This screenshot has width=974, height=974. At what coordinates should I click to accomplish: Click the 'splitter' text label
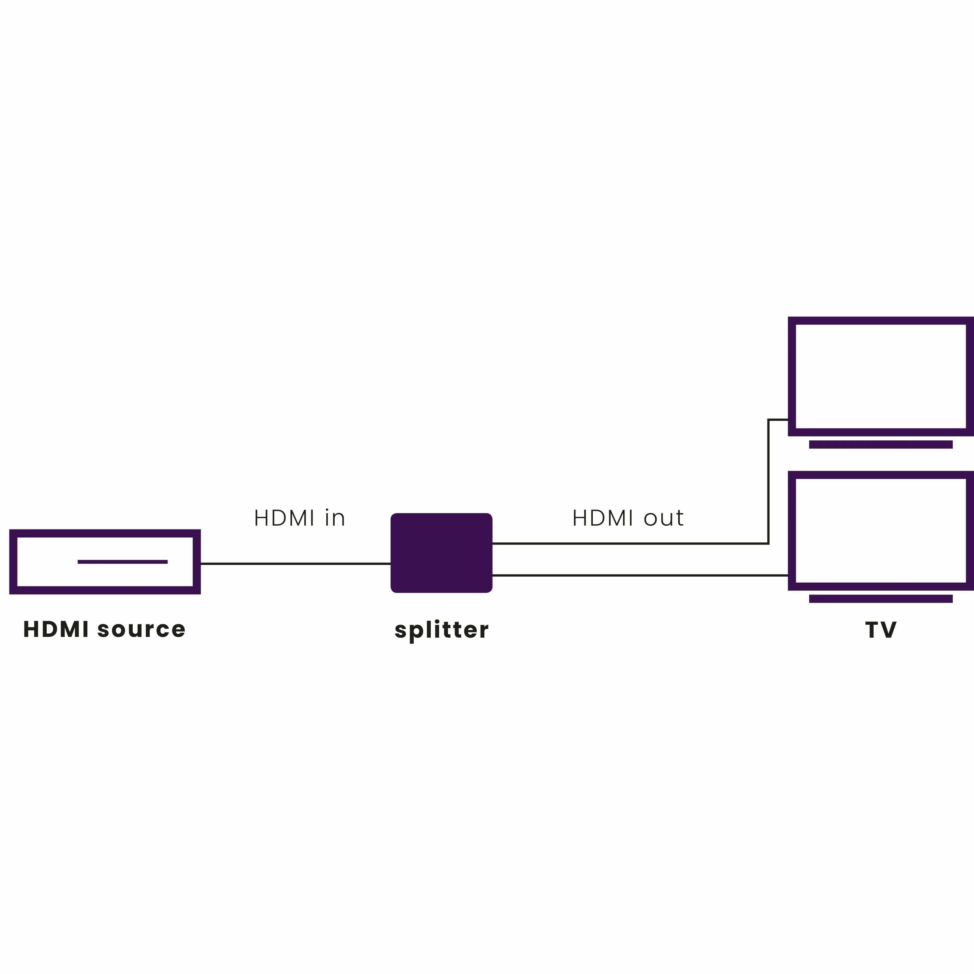click(x=441, y=630)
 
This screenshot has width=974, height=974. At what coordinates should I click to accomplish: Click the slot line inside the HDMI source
click(x=123, y=562)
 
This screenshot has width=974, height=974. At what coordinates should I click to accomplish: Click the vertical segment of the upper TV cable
click(x=768, y=482)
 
